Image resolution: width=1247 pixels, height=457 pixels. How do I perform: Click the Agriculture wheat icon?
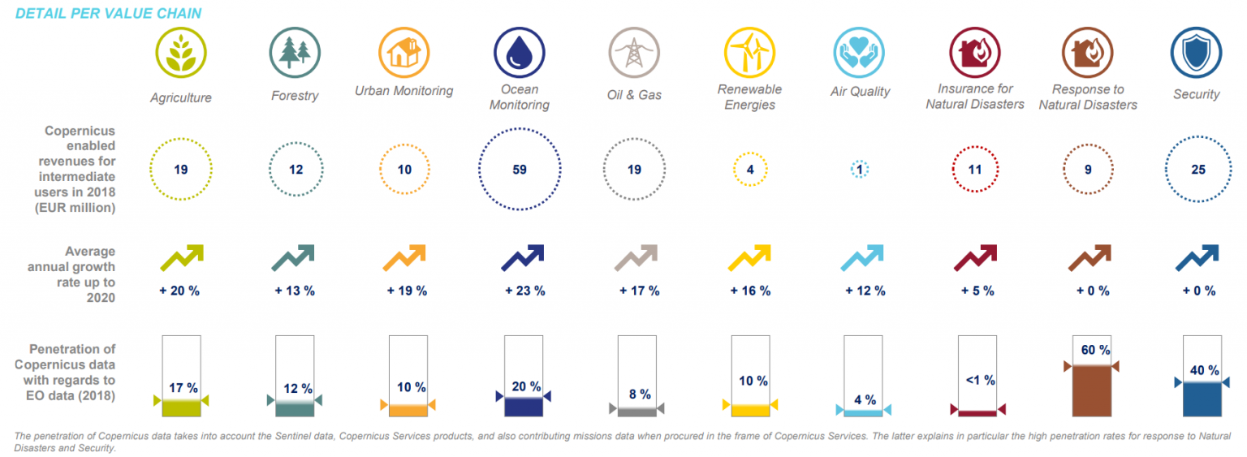pyautogui.click(x=181, y=53)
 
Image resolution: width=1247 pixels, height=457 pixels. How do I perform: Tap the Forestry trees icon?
pyautogui.click(x=295, y=53)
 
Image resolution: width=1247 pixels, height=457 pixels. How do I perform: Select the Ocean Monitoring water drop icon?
pyautogui.click(x=520, y=53)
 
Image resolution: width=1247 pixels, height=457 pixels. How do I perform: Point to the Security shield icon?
pyautogui.click(x=1197, y=53)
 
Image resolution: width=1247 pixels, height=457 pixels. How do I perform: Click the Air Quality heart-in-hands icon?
pyautogui.click(x=859, y=53)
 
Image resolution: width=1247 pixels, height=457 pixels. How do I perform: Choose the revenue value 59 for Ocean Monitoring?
pyautogui.click(x=520, y=170)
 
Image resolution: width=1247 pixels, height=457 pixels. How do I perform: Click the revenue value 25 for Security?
pyautogui.click(x=1198, y=170)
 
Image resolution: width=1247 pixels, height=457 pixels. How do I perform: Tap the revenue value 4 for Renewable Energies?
pyautogui.click(x=750, y=170)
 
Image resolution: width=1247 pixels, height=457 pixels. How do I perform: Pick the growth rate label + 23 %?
pyautogui.click(x=525, y=291)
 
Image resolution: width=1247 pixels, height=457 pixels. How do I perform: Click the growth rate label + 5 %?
pyautogui.click(x=977, y=291)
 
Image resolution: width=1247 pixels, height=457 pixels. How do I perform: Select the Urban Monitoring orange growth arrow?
pyautogui.click(x=405, y=257)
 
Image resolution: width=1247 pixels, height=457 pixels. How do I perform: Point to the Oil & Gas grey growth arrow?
pyautogui.click(x=636, y=257)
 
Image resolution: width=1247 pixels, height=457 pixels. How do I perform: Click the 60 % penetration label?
pyautogui.click(x=1095, y=350)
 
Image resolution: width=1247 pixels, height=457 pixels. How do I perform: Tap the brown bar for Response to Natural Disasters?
pyautogui.click(x=1092, y=390)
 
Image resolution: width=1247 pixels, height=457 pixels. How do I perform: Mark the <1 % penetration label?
pyautogui.click(x=981, y=380)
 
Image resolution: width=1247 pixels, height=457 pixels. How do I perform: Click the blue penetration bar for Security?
pyautogui.click(x=1202, y=399)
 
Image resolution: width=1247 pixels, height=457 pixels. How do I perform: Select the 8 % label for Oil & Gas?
pyautogui.click(x=640, y=394)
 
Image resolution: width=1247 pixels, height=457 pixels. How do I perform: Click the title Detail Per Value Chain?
pyautogui.click(x=108, y=13)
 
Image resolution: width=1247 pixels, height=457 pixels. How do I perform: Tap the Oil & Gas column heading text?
pyautogui.click(x=634, y=95)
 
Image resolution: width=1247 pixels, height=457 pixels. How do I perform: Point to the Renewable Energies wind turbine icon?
pyautogui.click(x=749, y=53)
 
